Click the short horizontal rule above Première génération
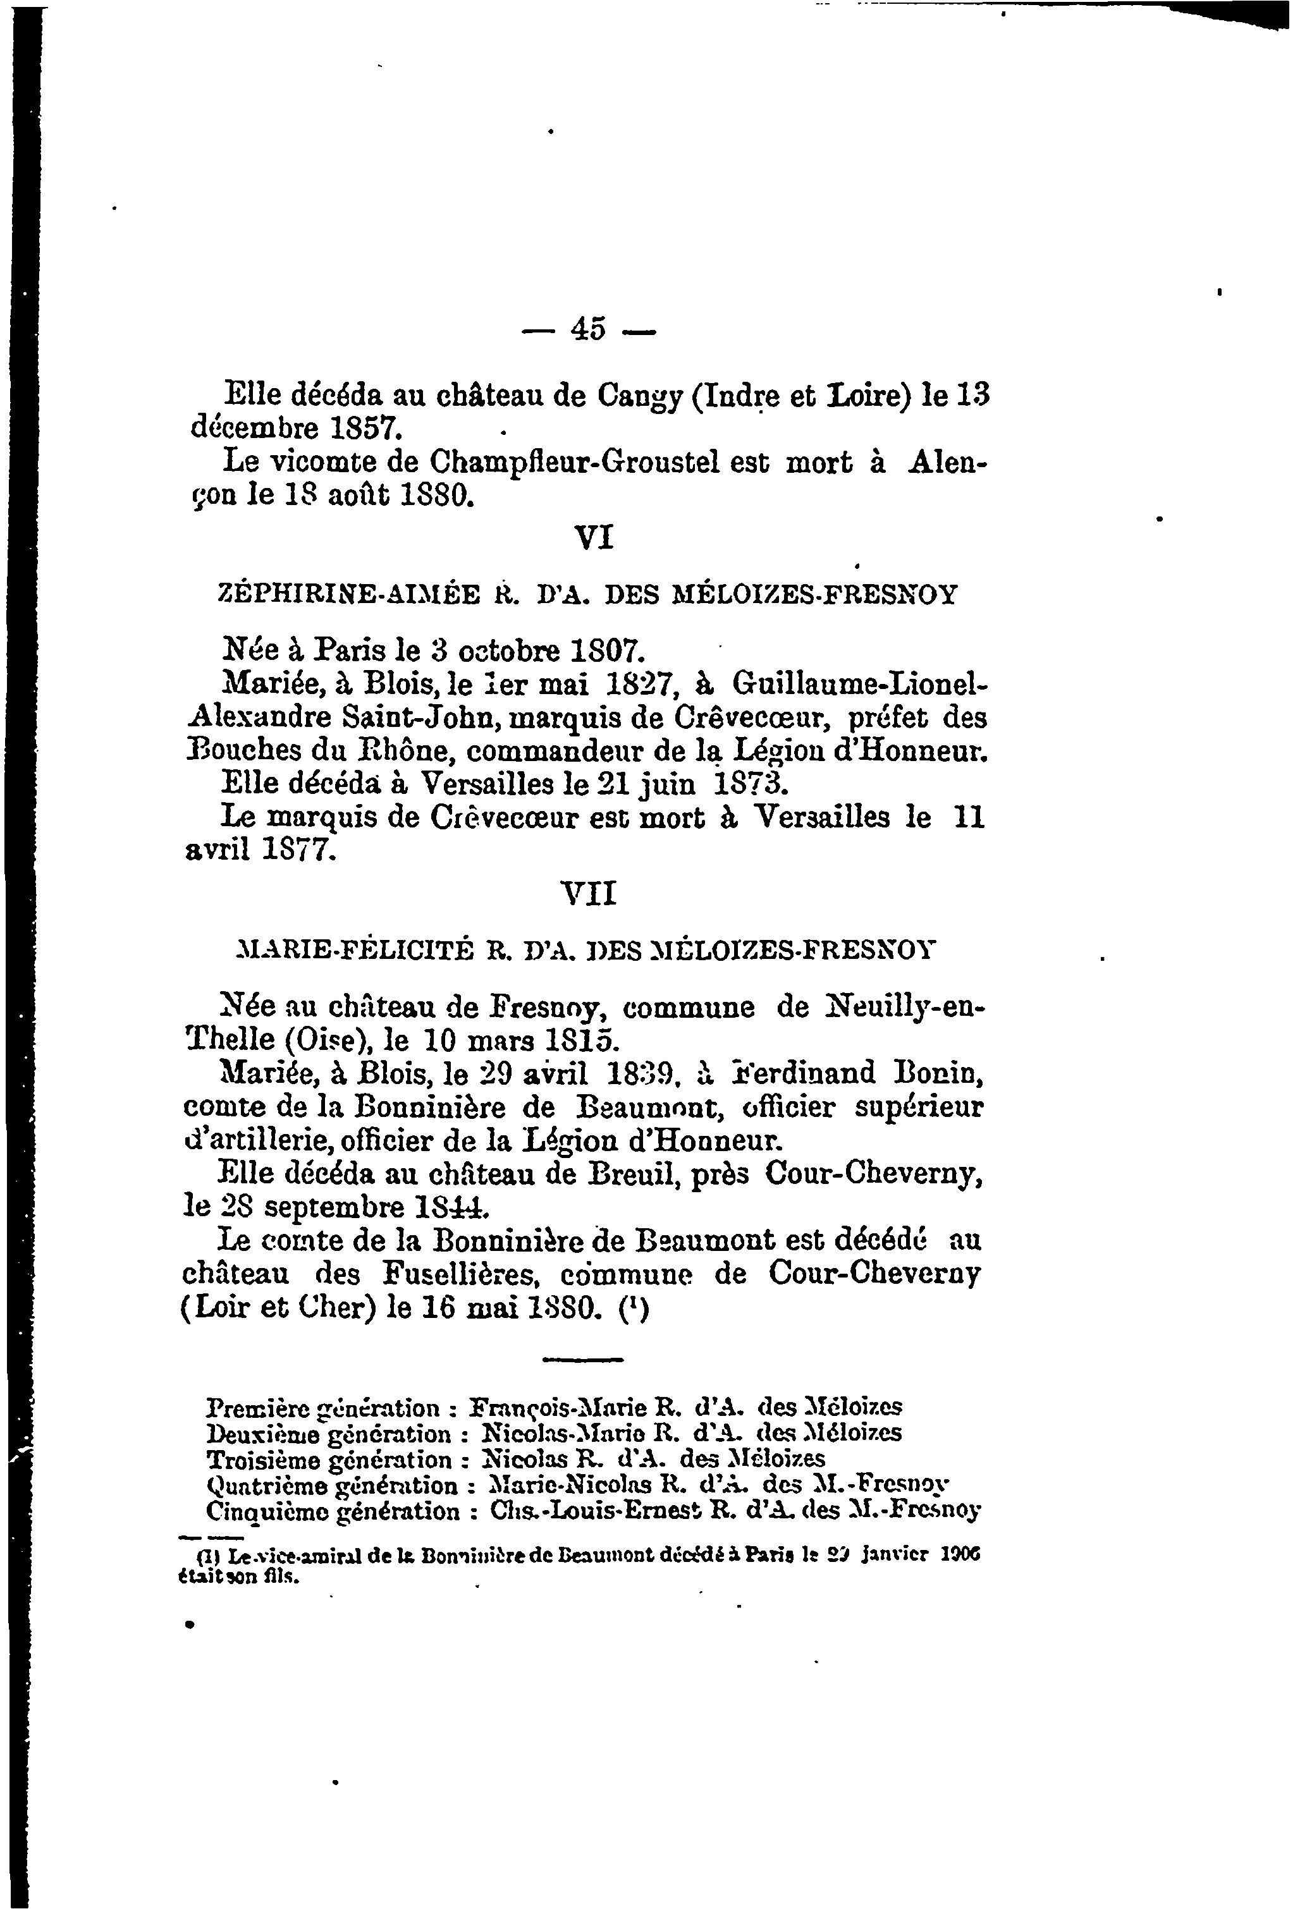[582, 1361]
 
